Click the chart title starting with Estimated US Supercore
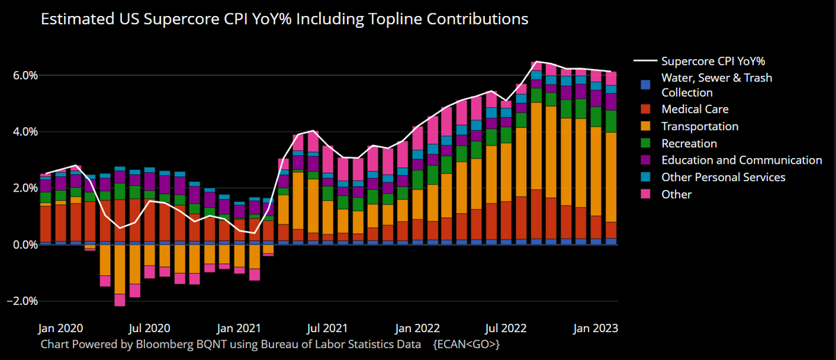(x=284, y=19)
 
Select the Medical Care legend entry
(x=695, y=109)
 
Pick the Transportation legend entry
(x=699, y=126)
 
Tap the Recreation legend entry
(x=689, y=143)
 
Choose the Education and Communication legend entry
(x=741, y=160)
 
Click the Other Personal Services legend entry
(x=723, y=177)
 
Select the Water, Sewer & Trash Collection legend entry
(x=716, y=85)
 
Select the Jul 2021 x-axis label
(x=327, y=327)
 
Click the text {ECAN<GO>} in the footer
(x=466, y=344)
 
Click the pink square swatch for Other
(x=646, y=194)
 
